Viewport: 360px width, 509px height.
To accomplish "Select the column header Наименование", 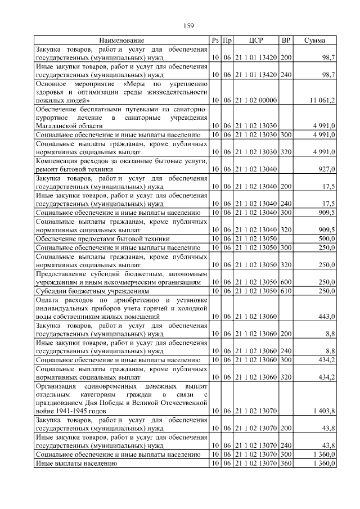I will pos(121,40).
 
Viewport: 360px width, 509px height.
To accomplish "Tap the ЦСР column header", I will pos(256,40).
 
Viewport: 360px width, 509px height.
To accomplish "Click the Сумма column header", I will pos(314,40).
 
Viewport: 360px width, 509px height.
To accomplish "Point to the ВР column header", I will pos(286,40).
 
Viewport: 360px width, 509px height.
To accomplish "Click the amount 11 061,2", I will pos(322,100).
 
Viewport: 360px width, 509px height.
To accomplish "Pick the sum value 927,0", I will pos(326,169).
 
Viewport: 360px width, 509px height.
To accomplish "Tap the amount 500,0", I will pos(326,238).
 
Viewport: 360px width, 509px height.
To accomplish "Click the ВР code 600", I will pos(286,282).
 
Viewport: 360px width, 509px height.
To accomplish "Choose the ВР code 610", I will pos(286,291).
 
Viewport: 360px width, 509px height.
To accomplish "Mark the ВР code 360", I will pos(286,463).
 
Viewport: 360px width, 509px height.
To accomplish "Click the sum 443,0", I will pos(326,317).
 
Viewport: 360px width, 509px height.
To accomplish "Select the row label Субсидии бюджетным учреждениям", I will pos(92,291).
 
